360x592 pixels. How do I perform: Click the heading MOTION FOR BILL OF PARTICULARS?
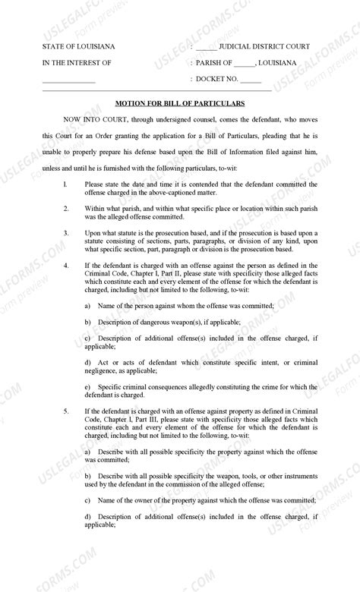tap(179, 102)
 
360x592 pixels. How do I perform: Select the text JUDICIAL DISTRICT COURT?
tap(263, 47)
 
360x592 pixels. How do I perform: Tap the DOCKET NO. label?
tap(217, 78)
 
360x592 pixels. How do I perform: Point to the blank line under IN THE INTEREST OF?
tap(68, 80)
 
